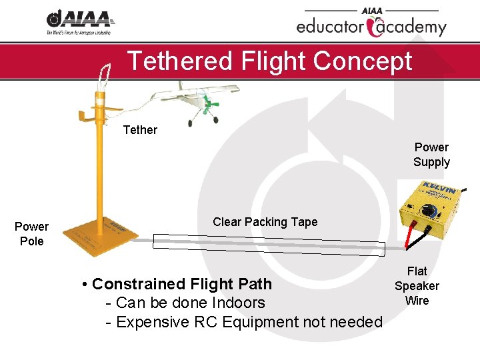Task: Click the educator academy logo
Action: (x=371, y=23)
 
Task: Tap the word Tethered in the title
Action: (x=177, y=61)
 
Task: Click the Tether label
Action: (x=140, y=130)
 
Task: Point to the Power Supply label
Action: (x=431, y=155)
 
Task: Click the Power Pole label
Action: (x=31, y=234)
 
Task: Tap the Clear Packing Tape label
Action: (x=265, y=222)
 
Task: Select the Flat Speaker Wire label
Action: (x=417, y=285)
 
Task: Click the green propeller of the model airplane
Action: (x=213, y=105)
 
